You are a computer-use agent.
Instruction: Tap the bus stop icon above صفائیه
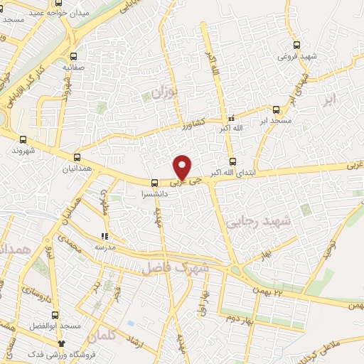(x=74, y=55)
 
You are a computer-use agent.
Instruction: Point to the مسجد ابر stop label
(x=275, y=123)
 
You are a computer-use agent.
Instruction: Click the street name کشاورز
(x=192, y=122)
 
